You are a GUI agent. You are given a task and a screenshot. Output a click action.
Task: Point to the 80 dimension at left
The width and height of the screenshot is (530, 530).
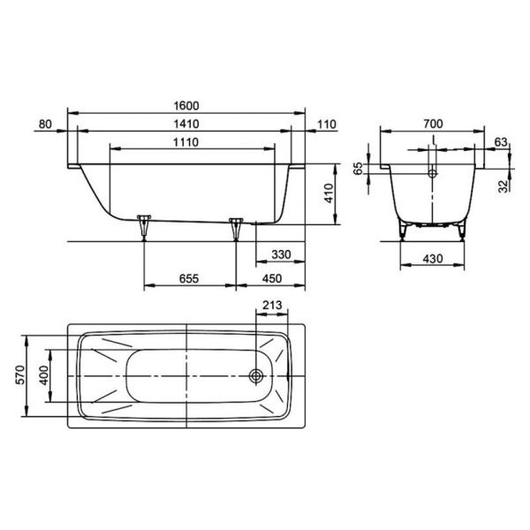pos(46,124)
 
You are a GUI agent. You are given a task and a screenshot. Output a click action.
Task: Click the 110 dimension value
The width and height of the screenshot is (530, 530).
pos(326,124)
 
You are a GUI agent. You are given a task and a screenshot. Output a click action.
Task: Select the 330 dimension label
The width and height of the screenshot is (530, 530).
pos(280,255)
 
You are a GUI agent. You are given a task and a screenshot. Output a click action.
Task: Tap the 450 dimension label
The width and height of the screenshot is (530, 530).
pos(272,278)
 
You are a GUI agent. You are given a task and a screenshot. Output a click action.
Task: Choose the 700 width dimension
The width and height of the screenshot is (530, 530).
pos(433,125)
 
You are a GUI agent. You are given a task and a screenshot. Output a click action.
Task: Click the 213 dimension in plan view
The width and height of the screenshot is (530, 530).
pos(272,307)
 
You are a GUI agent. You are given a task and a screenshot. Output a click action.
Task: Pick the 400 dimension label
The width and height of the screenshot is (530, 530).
pos(41,378)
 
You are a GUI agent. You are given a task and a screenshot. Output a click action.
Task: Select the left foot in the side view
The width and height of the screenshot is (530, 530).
pos(145,226)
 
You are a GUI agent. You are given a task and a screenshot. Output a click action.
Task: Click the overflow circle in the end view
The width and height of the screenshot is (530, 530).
pos(432,174)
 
